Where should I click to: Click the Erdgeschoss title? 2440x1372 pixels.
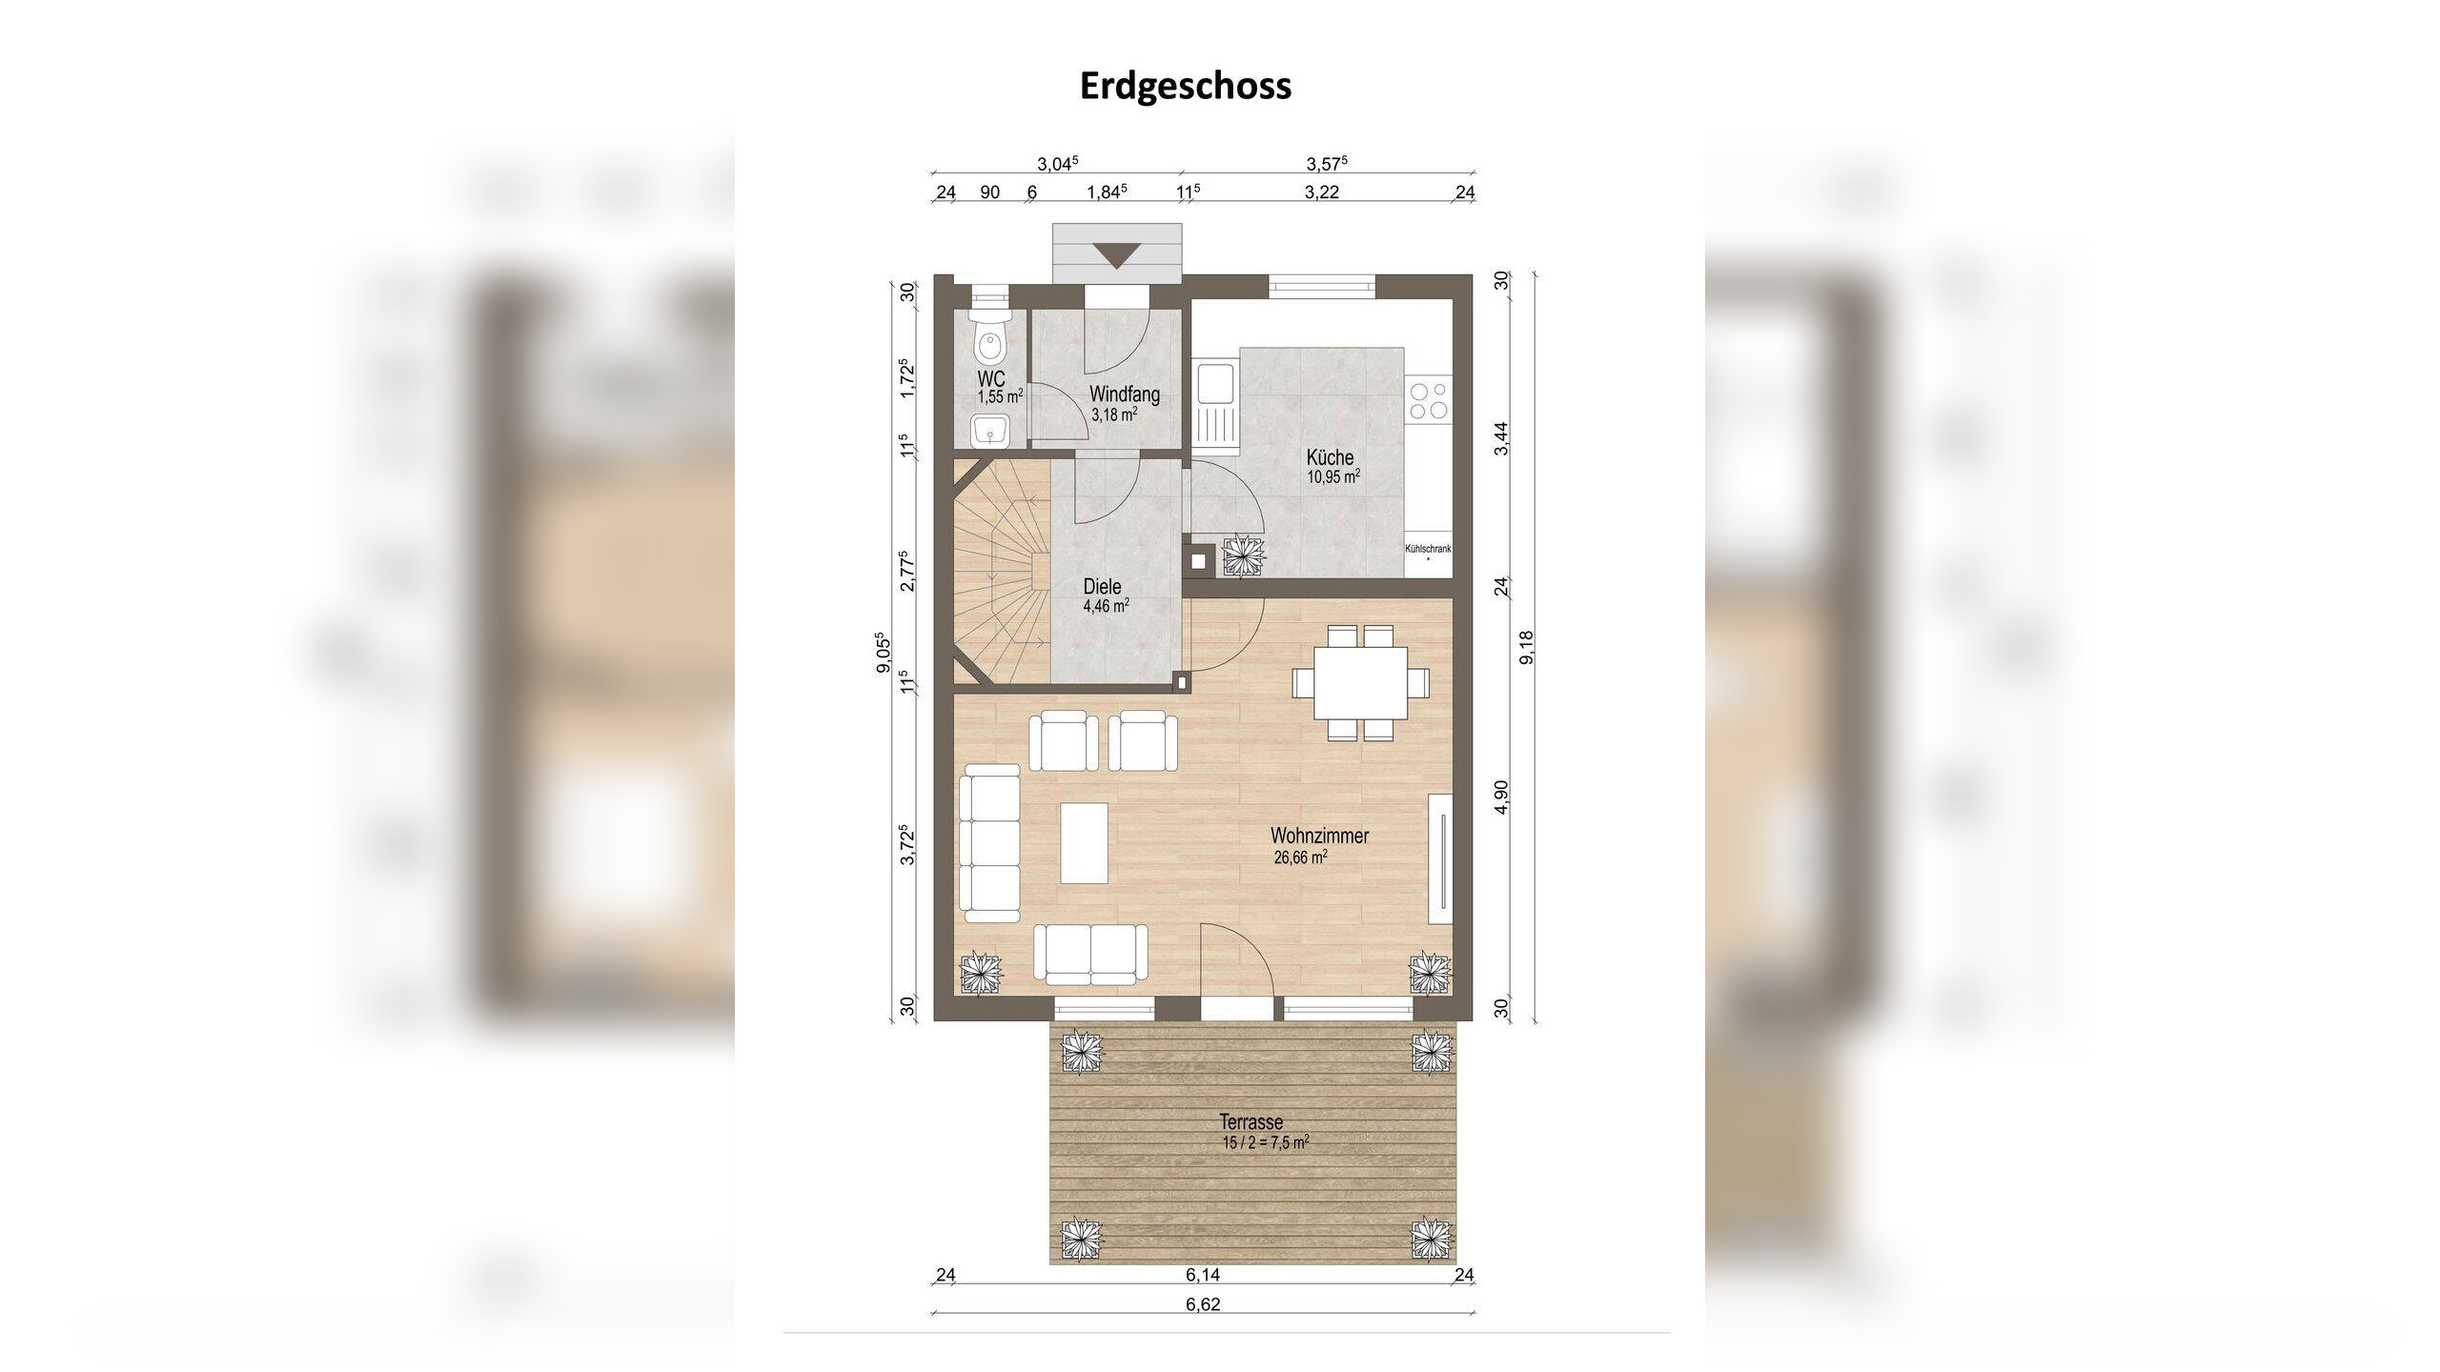click(1186, 86)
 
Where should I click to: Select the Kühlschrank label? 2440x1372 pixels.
click(1428, 549)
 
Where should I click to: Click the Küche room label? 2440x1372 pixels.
click(1330, 457)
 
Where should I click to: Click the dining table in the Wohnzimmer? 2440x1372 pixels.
click(1360, 682)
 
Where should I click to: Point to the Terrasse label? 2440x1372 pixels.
click(1251, 1122)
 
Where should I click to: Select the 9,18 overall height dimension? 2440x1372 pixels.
click(1527, 647)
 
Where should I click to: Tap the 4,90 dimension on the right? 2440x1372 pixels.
click(1502, 797)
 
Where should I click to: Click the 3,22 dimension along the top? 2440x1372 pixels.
click(1322, 192)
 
